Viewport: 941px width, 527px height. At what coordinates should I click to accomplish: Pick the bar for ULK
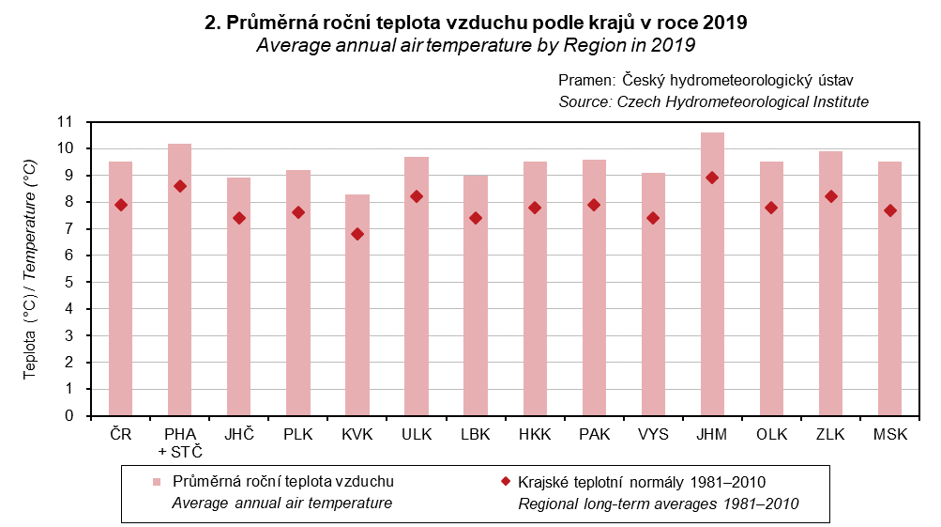coord(417,287)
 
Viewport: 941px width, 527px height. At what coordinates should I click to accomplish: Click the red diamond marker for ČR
coord(121,205)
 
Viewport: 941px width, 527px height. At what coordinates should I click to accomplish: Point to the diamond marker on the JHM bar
coord(712,178)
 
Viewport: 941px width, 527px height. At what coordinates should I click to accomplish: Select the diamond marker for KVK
coord(357,234)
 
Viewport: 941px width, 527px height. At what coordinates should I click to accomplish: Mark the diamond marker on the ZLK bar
coord(830,196)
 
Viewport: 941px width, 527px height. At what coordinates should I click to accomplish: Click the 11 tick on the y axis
coord(65,122)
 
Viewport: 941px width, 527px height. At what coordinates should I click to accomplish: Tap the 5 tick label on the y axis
coord(68,282)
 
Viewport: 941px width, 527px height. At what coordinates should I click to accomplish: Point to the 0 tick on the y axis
coord(68,415)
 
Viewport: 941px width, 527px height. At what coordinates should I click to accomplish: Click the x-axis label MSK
coord(889,435)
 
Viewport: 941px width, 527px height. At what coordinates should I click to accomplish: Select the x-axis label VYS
coord(653,435)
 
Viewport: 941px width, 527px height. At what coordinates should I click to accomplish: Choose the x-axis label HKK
coord(535,435)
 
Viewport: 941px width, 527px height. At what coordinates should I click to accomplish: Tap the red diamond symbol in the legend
coord(506,482)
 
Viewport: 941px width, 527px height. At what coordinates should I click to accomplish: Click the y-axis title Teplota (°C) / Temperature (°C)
coord(30,269)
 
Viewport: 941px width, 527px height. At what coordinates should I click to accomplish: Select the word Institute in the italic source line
coord(839,101)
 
